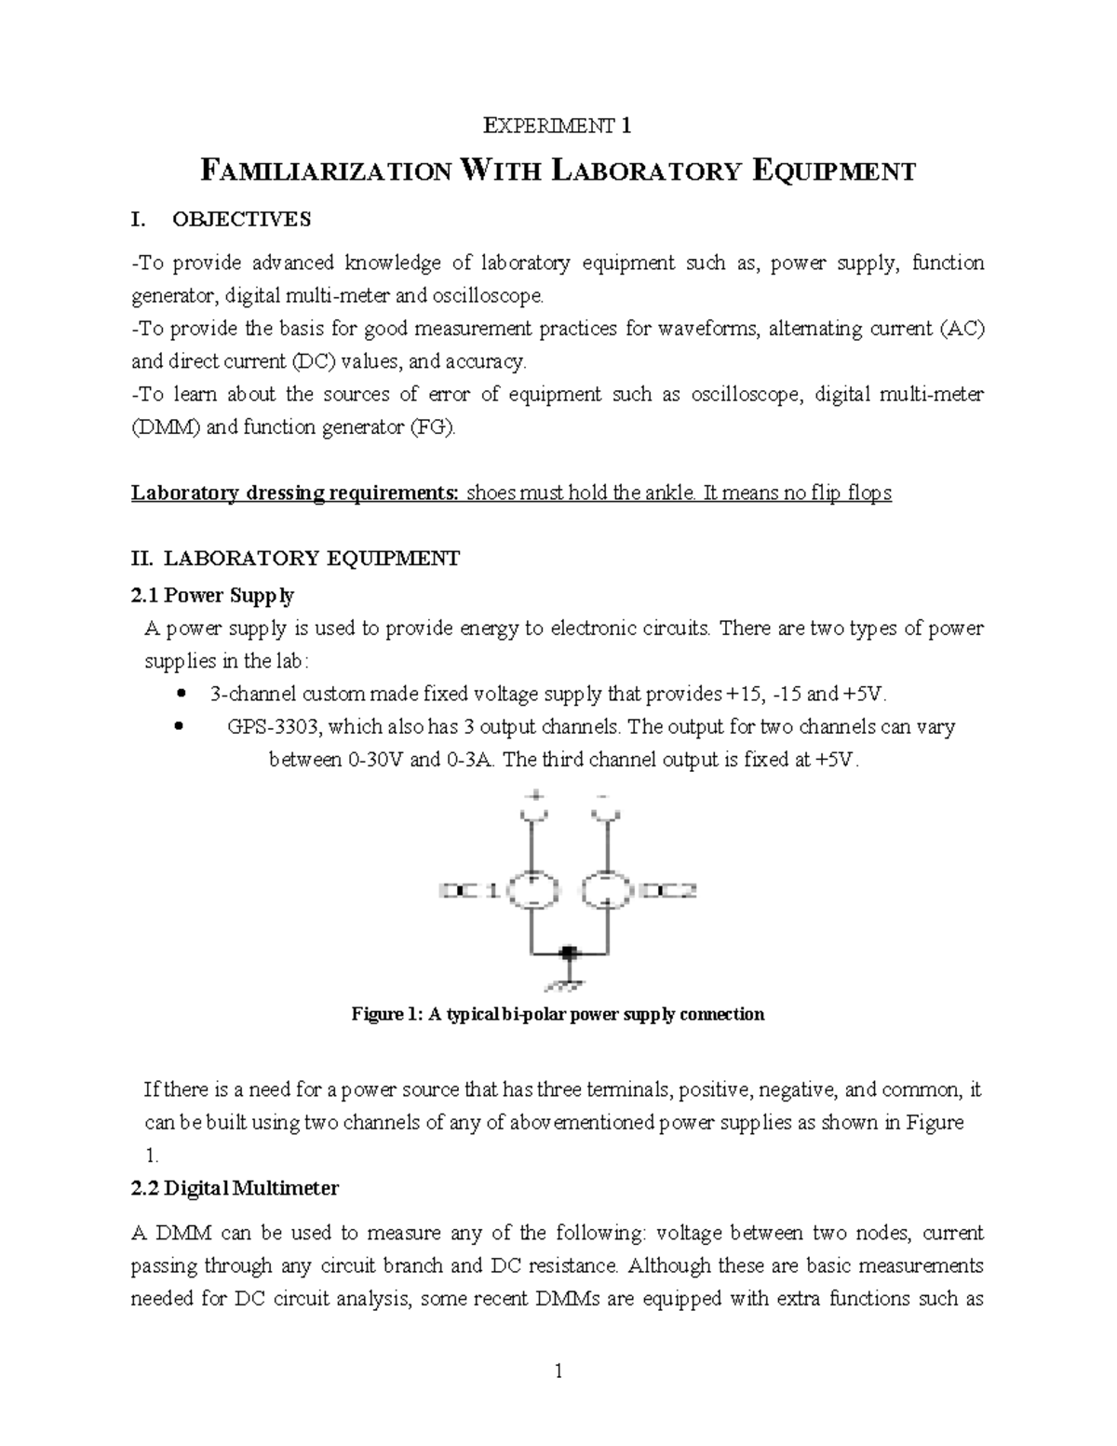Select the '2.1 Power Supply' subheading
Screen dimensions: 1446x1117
pos(213,595)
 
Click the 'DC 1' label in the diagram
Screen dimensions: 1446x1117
pos(469,891)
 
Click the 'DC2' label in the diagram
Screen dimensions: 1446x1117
pos(669,891)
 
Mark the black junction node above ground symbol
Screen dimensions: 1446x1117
pos(568,953)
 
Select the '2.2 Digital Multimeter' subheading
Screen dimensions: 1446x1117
pos(236,1188)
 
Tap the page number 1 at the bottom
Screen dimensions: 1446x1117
pos(558,1372)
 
